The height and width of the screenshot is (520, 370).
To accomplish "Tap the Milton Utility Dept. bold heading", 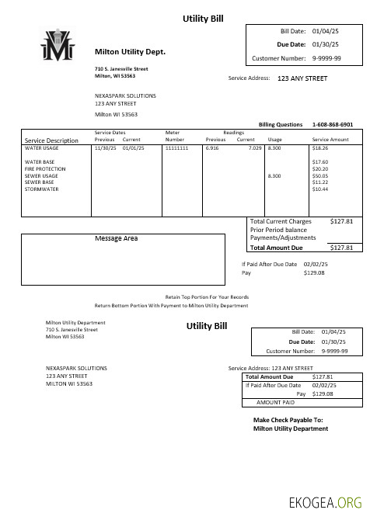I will [x=131, y=52].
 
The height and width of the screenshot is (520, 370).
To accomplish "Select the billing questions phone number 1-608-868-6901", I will [x=332, y=124].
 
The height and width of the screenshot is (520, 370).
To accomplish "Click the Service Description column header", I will [x=51, y=140].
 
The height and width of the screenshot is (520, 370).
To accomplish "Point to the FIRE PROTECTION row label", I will [x=45, y=168].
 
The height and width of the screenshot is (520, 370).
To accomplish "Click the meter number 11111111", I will [x=177, y=147].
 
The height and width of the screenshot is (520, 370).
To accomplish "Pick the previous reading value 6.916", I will [x=212, y=147].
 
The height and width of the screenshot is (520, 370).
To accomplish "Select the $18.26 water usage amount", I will [x=320, y=147].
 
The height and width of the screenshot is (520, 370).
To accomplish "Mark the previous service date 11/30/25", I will [x=104, y=147].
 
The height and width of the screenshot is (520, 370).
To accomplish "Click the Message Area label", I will [x=116, y=238].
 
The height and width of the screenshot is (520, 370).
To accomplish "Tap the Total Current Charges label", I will [x=281, y=222].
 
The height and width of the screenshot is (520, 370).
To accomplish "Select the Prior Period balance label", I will [x=279, y=230].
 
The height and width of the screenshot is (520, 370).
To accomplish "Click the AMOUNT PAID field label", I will [x=275, y=403].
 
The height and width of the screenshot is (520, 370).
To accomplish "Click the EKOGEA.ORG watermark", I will [x=325, y=502].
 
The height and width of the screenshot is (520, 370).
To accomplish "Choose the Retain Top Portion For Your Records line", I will [x=207, y=297].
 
